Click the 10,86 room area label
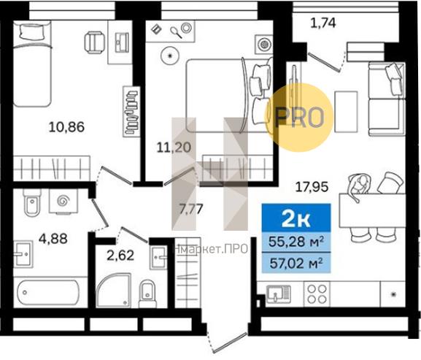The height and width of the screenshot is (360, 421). pyautogui.click(x=66, y=127)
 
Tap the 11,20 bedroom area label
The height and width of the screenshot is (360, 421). pyautogui.click(x=174, y=148)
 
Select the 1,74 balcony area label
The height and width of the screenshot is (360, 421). pyautogui.click(x=323, y=23)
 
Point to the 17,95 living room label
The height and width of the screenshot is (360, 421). pyautogui.click(x=312, y=187)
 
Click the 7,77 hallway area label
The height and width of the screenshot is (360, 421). pyautogui.click(x=191, y=209)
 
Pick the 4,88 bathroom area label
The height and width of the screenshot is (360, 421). pyautogui.click(x=53, y=238)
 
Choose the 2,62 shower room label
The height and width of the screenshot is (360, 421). pyautogui.click(x=120, y=256)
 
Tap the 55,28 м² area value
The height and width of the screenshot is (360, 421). pyautogui.click(x=296, y=242)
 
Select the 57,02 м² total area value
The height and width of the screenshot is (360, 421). pyautogui.click(x=296, y=263)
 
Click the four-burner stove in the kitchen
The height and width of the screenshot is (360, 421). pyautogui.click(x=317, y=294)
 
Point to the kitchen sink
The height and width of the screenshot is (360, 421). pyautogui.click(x=279, y=294)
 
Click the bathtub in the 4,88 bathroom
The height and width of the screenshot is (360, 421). pyautogui.click(x=48, y=293)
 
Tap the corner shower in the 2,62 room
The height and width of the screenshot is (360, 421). pyautogui.click(x=114, y=290)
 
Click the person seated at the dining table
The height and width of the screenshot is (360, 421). pyautogui.click(x=358, y=185)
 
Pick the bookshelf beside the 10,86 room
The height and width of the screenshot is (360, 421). pyautogui.click(x=131, y=112)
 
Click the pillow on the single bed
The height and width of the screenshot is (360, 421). pyautogui.click(x=31, y=31)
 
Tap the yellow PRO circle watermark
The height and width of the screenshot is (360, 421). pyautogui.click(x=299, y=118)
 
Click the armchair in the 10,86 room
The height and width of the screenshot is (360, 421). pyautogui.click(x=94, y=42)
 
